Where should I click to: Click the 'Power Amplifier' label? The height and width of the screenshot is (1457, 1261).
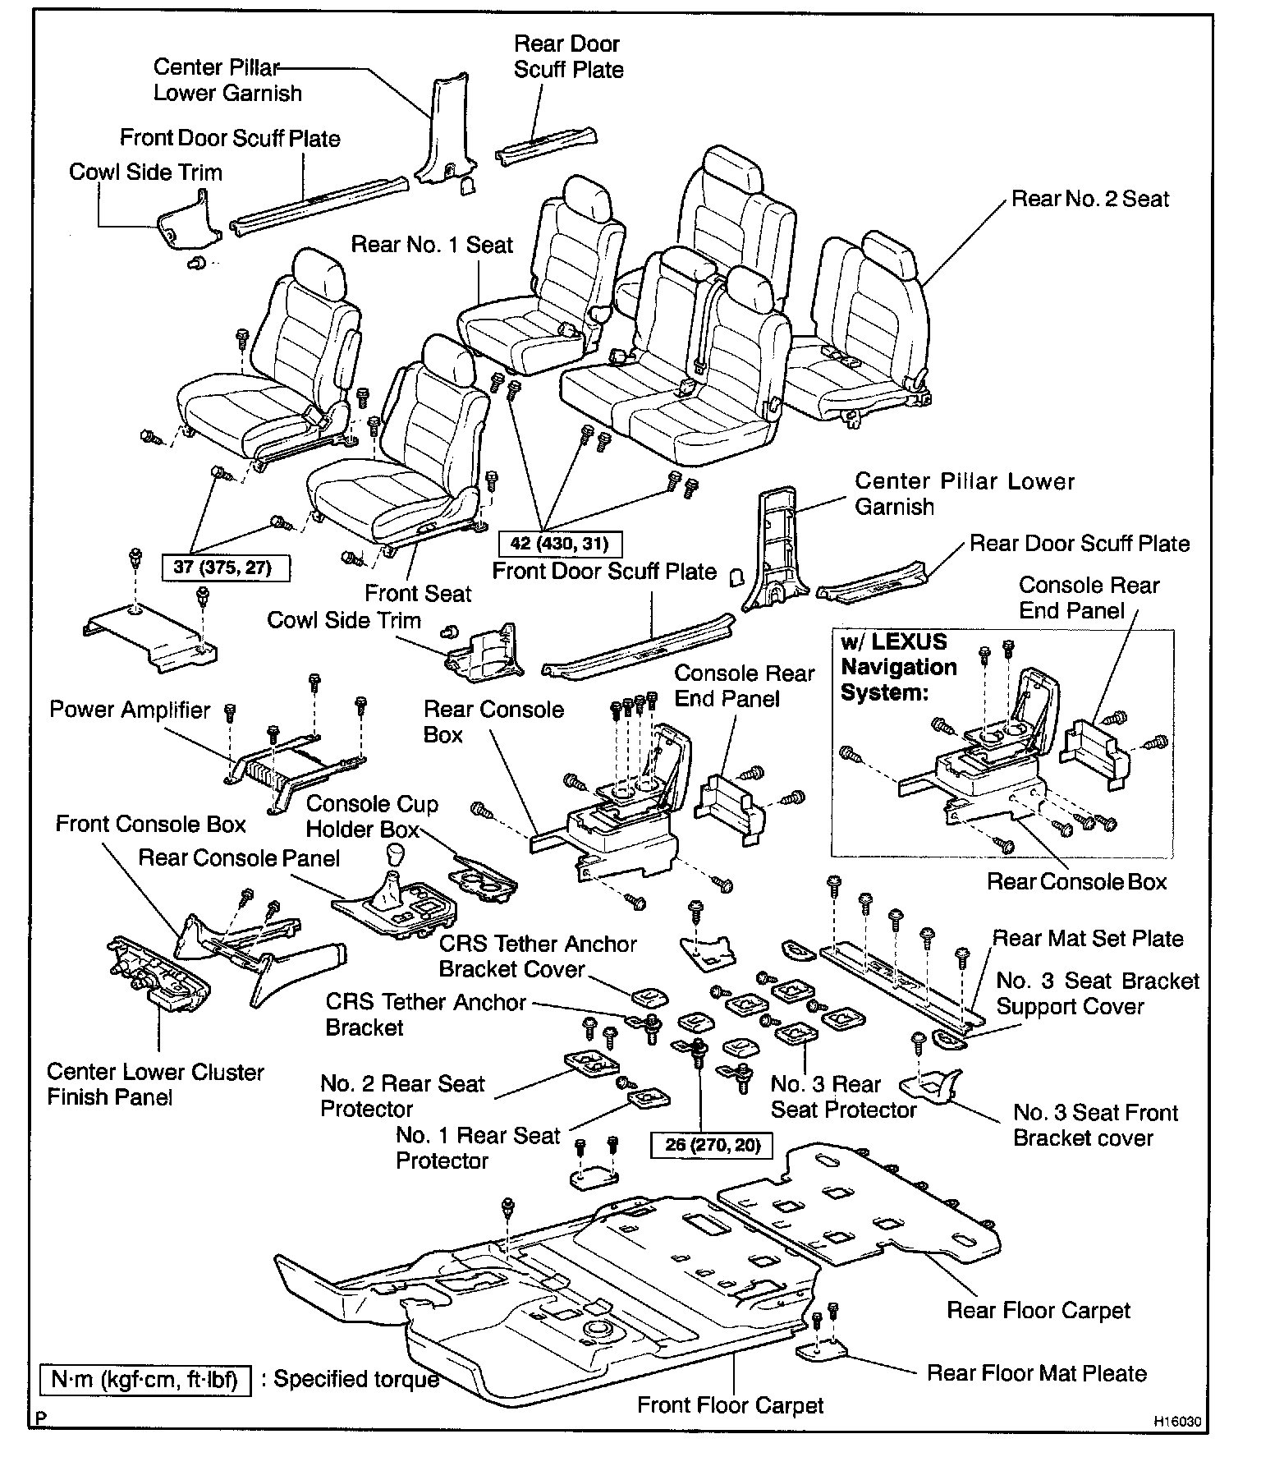click(x=130, y=710)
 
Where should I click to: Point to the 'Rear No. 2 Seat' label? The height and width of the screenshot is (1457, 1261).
click(x=1089, y=199)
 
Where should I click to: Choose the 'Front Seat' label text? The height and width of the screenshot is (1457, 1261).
click(x=418, y=593)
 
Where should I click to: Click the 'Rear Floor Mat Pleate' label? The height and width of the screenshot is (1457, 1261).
click(x=1036, y=1373)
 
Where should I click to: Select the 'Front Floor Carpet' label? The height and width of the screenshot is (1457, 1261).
click(x=730, y=1405)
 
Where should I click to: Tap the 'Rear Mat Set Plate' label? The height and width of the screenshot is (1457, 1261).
click(x=1088, y=938)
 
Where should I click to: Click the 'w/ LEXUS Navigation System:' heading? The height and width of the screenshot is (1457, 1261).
click(x=898, y=667)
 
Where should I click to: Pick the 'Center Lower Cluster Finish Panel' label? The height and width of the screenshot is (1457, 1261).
click(x=155, y=1084)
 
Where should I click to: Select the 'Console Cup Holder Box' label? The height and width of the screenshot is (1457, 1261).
click(x=372, y=816)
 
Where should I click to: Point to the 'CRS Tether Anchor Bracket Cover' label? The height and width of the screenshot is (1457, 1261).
click(x=537, y=956)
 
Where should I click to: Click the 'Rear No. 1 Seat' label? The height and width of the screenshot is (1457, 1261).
click(x=432, y=245)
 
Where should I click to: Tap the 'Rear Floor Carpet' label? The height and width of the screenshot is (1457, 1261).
click(x=1038, y=1310)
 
